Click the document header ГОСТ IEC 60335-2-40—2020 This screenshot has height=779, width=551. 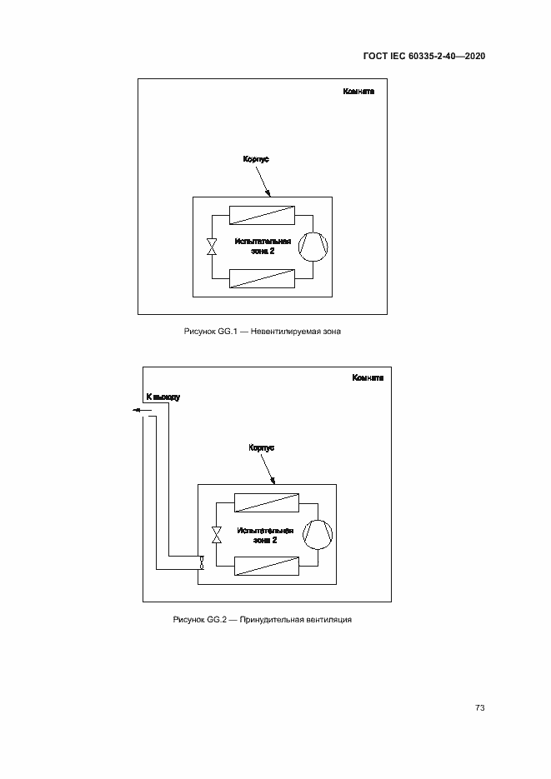coord(424,56)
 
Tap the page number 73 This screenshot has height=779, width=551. coord(479,707)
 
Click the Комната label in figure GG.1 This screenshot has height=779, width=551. coord(358,92)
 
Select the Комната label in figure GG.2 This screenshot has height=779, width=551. coord(368,378)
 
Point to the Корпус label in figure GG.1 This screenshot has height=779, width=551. coord(256,159)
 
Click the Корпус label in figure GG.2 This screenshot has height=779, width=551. coord(262,447)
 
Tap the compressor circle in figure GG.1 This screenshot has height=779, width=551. coord(313,247)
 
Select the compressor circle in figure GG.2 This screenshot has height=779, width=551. coord(318,535)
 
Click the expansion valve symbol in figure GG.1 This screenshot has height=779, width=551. coord(213,247)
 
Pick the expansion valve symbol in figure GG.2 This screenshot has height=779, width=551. coord(217,535)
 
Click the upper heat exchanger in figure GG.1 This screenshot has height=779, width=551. coord(262,216)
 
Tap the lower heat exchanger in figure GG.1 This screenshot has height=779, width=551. coord(262,279)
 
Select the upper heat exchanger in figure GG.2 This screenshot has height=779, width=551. coord(267,502)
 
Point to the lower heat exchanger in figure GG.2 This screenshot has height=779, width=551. coord(267,566)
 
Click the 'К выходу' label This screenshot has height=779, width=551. coord(163,397)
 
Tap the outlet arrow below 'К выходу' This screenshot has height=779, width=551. coord(142,410)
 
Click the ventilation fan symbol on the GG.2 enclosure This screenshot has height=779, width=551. coord(201,562)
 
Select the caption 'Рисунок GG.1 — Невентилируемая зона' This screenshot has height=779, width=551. coord(263,332)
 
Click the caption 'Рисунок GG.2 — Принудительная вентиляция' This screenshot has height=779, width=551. coord(263,620)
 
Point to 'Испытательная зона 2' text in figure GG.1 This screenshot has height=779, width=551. coord(263,247)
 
